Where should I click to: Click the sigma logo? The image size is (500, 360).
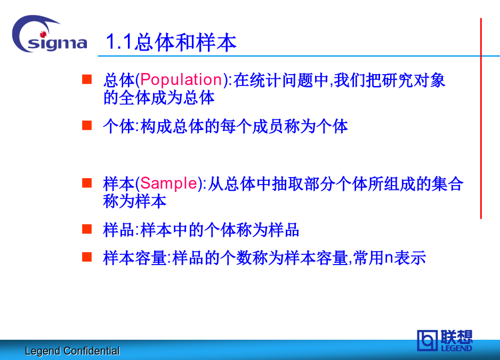(50, 35)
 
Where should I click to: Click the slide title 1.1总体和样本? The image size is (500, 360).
(171, 43)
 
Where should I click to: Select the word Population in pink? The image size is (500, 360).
(181, 79)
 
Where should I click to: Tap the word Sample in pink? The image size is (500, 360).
(168, 183)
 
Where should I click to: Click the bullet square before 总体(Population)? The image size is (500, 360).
(87, 79)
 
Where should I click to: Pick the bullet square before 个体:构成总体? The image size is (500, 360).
(87, 125)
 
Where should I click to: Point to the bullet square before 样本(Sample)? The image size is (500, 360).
(87, 183)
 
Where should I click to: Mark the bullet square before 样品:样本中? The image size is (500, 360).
(87, 229)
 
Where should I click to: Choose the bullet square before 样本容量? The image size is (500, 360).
(87, 257)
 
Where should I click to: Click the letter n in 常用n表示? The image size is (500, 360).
(389, 258)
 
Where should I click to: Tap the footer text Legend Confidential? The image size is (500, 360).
(72, 351)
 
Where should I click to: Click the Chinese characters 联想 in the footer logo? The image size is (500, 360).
(456, 337)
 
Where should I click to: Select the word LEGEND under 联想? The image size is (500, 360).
(456, 348)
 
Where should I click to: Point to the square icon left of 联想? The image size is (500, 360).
(427, 340)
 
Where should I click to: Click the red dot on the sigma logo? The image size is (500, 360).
(43, 34)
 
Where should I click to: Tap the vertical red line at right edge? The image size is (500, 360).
(481, 118)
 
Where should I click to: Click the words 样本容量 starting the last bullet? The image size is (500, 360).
(134, 258)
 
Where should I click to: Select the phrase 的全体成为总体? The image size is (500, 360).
(159, 98)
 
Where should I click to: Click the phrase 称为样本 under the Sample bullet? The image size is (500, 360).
(134, 202)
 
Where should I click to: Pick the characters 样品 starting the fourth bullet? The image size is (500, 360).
(119, 230)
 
